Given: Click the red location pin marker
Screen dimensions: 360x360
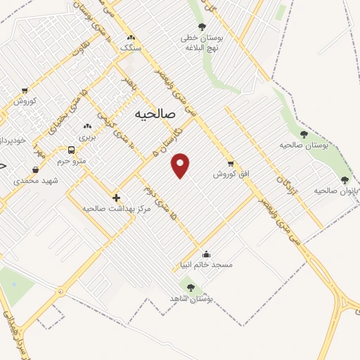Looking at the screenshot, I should [181, 165].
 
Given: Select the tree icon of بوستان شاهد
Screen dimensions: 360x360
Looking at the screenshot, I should [190, 286].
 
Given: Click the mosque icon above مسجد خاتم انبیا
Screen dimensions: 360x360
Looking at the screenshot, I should [206, 255].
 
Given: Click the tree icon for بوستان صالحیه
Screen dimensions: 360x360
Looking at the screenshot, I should [304, 134].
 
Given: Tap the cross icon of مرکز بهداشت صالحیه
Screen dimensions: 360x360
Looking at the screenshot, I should [116, 198].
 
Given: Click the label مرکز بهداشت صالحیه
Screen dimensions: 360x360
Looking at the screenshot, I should [108, 209].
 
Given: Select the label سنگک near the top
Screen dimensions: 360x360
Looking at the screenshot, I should [131, 49].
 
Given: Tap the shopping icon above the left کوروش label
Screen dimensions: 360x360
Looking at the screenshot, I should [25, 91].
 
